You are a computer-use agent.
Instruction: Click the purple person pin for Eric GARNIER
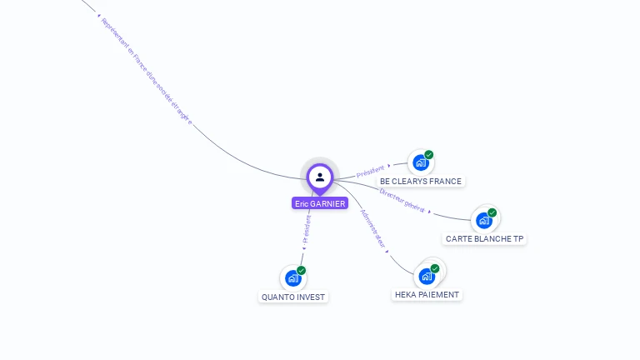[x=320, y=177]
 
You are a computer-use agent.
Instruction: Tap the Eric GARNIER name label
[x=320, y=203]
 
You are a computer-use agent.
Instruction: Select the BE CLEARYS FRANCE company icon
[x=421, y=162]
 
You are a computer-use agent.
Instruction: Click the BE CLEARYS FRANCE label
[x=420, y=181]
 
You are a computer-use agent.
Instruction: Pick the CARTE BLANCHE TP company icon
[x=484, y=221]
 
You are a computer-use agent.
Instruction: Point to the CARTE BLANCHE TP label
[x=485, y=239]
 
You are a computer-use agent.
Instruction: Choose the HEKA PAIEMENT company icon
[x=427, y=276]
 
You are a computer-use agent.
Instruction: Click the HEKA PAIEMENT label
[x=427, y=294]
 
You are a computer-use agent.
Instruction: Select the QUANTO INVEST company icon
[x=292, y=278]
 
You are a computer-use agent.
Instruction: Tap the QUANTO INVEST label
[x=293, y=297]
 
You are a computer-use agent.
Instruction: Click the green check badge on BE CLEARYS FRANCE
[x=429, y=154]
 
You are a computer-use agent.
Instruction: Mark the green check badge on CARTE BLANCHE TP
[x=492, y=212]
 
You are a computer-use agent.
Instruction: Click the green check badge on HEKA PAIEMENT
[x=435, y=268]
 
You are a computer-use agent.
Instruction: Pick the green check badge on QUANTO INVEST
[x=301, y=270]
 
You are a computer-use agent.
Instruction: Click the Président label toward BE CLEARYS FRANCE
[x=370, y=172]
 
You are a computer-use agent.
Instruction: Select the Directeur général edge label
[x=402, y=200]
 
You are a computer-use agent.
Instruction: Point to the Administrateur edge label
[x=373, y=228]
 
